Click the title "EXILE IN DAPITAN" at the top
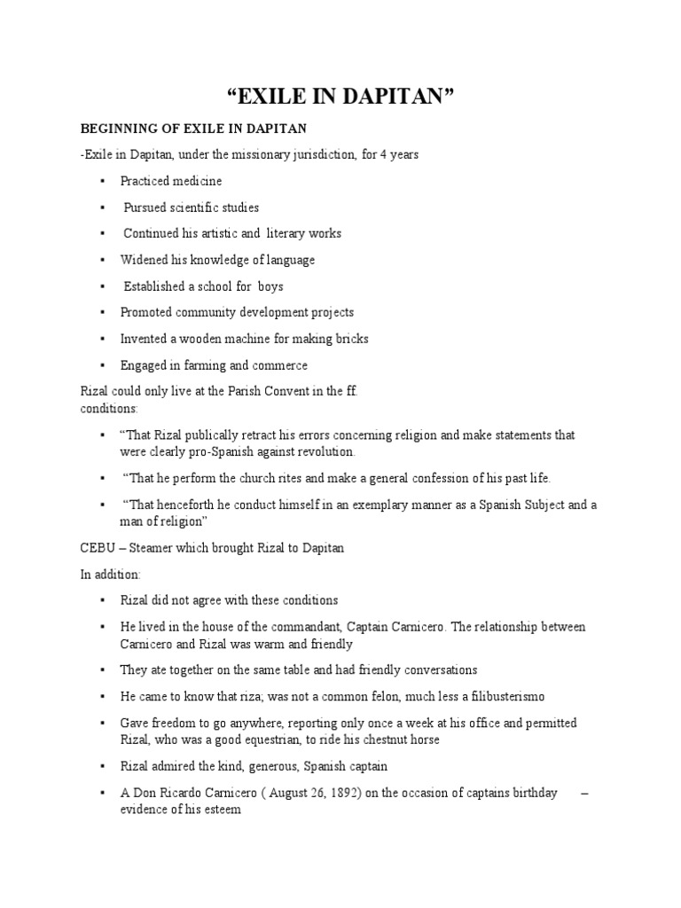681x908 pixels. tap(341, 96)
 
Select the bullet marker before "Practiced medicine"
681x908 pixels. tap(102, 182)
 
